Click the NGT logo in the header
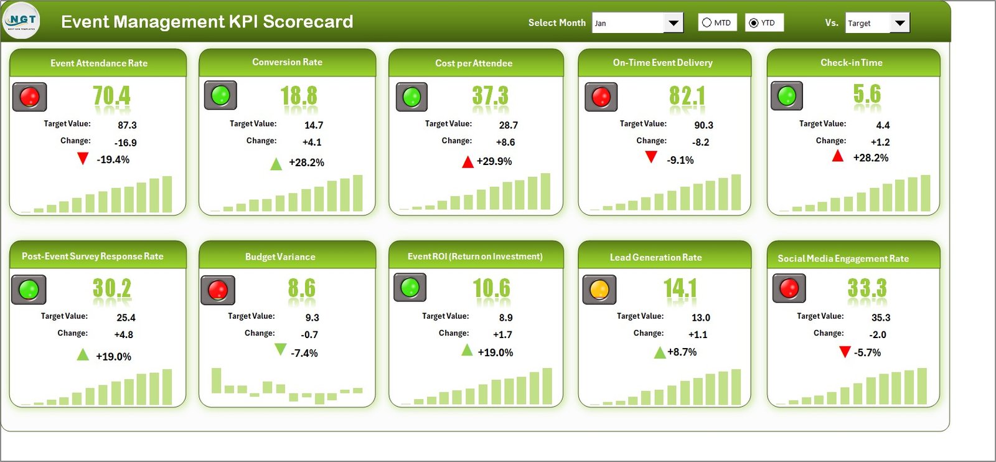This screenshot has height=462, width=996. [x=21, y=21]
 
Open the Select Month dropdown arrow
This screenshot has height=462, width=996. [x=673, y=23]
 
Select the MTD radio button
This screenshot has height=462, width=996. [x=707, y=23]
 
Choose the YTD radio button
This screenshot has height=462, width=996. [x=754, y=23]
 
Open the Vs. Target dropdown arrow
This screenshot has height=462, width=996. [x=900, y=23]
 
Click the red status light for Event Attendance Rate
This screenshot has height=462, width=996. [x=29, y=97]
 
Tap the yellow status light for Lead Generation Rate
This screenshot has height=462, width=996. [x=599, y=290]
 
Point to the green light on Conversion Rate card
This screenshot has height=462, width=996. [x=220, y=95]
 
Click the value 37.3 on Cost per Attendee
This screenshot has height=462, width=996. [x=490, y=96]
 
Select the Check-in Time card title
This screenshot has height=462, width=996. [x=851, y=63]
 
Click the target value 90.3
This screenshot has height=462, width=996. [x=703, y=125]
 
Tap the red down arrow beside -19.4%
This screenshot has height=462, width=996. [x=82, y=159]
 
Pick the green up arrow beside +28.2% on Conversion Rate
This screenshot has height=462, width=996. [x=276, y=164]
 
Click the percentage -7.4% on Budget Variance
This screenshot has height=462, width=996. [x=304, y=353]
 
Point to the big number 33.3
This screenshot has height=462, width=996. [x=867, y=288]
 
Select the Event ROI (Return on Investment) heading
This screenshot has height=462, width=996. [x=475, y=257]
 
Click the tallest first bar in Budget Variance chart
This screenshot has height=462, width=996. [x=216, y=380]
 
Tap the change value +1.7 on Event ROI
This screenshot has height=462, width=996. [x=502, y=335]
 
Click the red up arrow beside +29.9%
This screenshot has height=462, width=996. [x=467, y=163]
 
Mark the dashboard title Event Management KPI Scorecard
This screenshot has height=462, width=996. [x=207, y=22]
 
